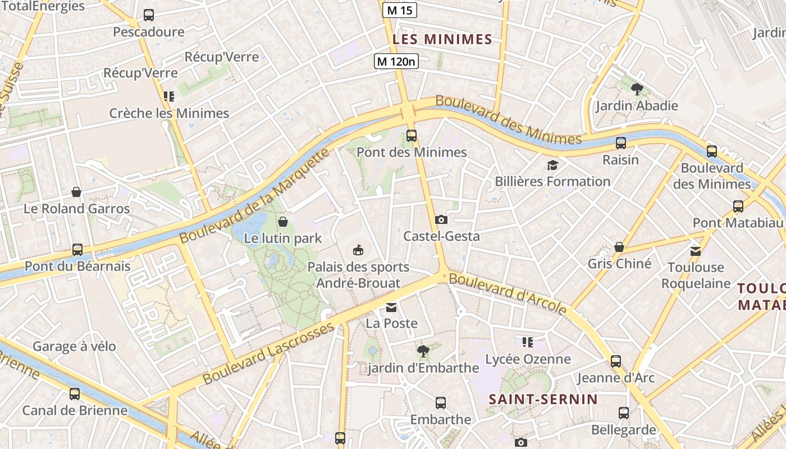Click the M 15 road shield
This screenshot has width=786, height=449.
click(400, 10)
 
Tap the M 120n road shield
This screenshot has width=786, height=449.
click(396, 61)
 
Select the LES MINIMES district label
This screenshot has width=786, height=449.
click(442, 39)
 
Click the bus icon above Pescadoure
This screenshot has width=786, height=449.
click(149, 15)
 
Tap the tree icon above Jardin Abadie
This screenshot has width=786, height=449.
click(637, 89)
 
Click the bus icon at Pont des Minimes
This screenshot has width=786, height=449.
click(412, 135)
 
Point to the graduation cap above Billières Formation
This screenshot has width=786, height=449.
click(552, 165)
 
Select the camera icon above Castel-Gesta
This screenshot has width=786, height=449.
click(441, 219)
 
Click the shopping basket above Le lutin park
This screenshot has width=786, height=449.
click(283, 222)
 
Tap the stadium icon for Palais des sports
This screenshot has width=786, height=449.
click(358, 250)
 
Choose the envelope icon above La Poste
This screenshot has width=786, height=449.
click(391, 307)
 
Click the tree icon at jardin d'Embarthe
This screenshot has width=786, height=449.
click(423, 351)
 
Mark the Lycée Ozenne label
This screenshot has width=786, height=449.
click(528, 359)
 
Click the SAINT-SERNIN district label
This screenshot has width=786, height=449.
click(543, 399)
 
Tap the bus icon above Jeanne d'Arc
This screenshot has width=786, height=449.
click(616, 361)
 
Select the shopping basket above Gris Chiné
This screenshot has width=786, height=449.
click(619, 247)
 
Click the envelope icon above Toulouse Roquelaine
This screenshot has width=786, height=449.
click(696, 251)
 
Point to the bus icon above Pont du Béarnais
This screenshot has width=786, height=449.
click(77, 249)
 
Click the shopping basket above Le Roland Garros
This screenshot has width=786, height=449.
click(76, 192)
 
